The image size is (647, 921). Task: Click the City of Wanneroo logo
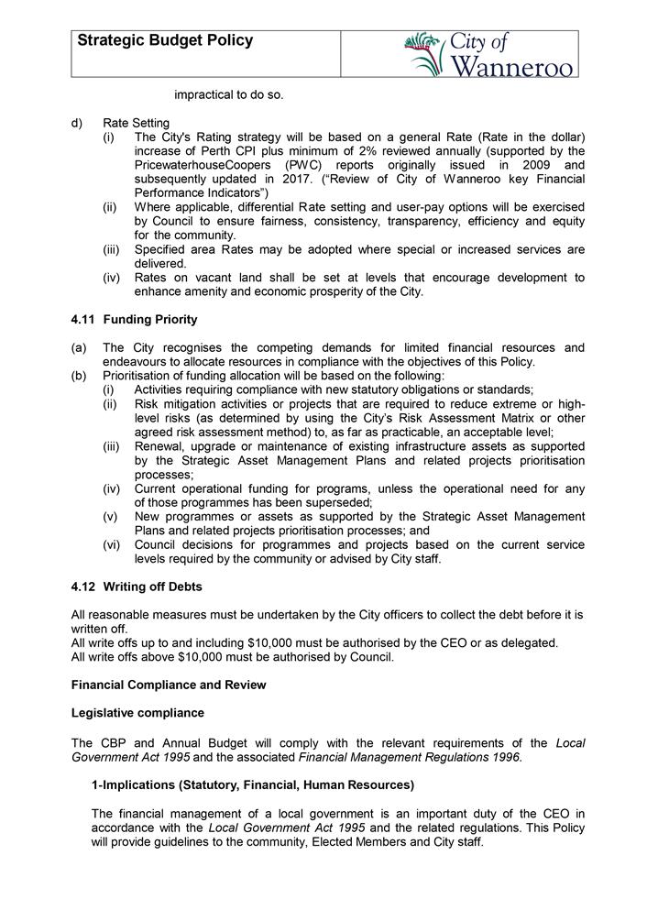pyautogui.click(x=491, y=54)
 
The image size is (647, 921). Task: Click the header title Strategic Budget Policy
pyautogui.click(x=165, y=41)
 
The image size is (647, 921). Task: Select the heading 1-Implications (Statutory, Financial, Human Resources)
pyautogui.click(x=252, y=784)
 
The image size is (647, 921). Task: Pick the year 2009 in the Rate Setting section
pyautogui.click(x=535, y=165)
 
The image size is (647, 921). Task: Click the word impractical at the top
pyautogui.click(x=210, y=94)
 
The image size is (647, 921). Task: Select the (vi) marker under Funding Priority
pyautogui.click(x=112, y=545)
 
